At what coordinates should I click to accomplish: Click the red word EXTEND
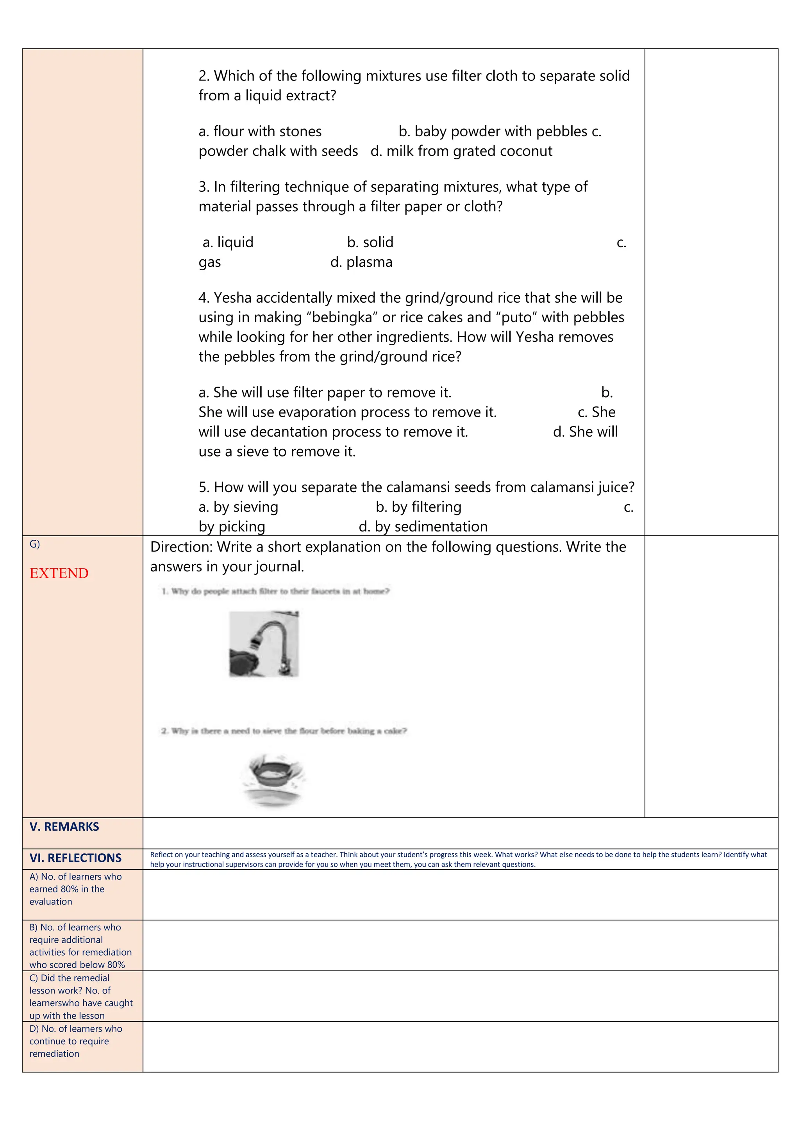tap(59, 573)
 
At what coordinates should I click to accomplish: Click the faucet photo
tap(264, 644)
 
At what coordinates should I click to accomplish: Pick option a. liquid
tap(228, 243)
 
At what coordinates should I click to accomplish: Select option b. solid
tap(370, 243)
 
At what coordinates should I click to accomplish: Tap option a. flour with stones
tap(260, 132)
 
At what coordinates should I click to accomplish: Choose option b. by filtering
tap(418, 507)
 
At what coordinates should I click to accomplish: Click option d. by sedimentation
tap(423, 526)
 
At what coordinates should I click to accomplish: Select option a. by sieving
tap(238, 507)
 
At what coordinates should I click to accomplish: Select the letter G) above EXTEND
tap(34, 544)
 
